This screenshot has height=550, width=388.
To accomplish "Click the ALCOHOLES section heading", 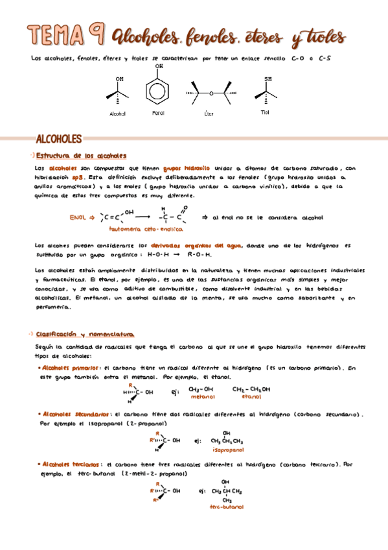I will (x=58, y=139).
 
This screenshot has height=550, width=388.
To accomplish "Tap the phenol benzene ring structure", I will (x=159, y=89).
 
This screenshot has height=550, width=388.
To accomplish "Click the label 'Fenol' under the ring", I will (x=158, y=114).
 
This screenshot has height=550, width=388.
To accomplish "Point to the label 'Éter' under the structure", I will (x=208, y=114).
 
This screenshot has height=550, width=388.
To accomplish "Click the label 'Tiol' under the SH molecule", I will (x=264, y=112).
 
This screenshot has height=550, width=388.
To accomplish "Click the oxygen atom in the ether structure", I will (x=211, y=93).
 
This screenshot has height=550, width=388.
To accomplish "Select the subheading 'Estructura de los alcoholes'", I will (x=80, y=156).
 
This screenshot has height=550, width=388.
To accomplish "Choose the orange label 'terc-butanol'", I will (x=226, y=507).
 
